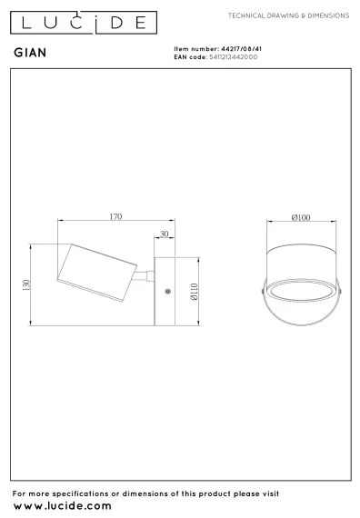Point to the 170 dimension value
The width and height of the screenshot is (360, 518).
(x=115, y=217)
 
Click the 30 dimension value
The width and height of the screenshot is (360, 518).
(x=164, y=234)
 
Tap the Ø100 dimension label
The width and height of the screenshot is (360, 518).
(x=301, y=217)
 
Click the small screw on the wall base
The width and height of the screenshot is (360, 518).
(x=167, y=292)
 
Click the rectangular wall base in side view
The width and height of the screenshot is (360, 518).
(x=167, y=291)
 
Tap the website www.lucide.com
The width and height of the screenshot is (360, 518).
(x=63, y=504)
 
